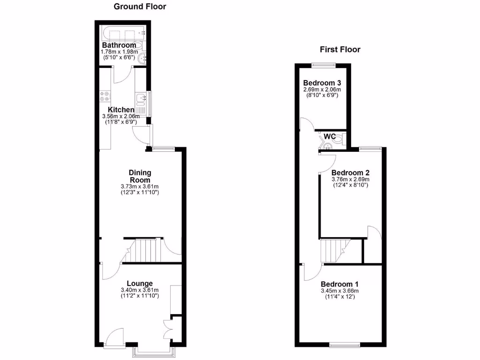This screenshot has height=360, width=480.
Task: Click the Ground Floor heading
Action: [140, 7]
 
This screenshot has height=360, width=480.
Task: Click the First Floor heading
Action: [340, 49]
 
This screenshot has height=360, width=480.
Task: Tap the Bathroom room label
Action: [119, 45]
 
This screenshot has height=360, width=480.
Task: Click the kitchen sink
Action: [140, 98]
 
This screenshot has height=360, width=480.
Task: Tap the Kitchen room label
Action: [121, 110]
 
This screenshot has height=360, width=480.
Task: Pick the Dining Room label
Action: [140, 176]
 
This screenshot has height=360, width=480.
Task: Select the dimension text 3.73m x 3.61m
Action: [140, 186]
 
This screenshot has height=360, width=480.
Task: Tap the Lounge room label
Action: [140, 283]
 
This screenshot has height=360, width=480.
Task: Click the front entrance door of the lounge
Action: [114, 338]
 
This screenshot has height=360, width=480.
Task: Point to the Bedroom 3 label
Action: [321, 82]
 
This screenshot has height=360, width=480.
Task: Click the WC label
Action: [330, 136]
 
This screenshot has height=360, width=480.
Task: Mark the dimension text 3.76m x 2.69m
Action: [351, 179]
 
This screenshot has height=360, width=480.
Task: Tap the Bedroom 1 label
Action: [339, 284]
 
